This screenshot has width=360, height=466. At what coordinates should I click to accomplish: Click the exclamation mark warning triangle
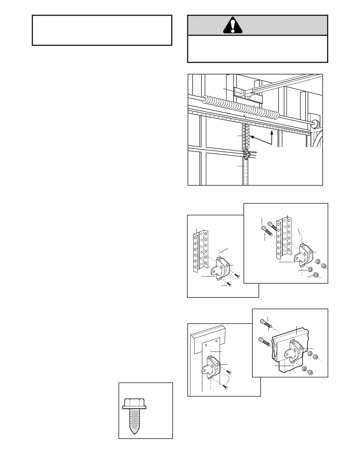click(x=233, y=26)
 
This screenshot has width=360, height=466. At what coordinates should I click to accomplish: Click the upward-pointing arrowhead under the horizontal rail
click(x=272, y=133)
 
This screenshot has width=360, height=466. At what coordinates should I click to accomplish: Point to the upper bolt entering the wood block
click(x=266, y=324)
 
